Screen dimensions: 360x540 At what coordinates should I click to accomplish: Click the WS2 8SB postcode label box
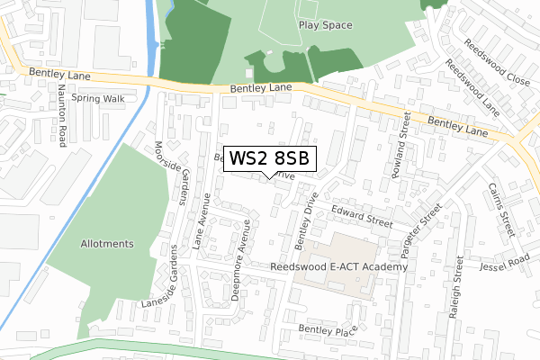click(x=270, y=158)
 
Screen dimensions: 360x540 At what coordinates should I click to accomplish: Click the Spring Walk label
click(x=98, y=98)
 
